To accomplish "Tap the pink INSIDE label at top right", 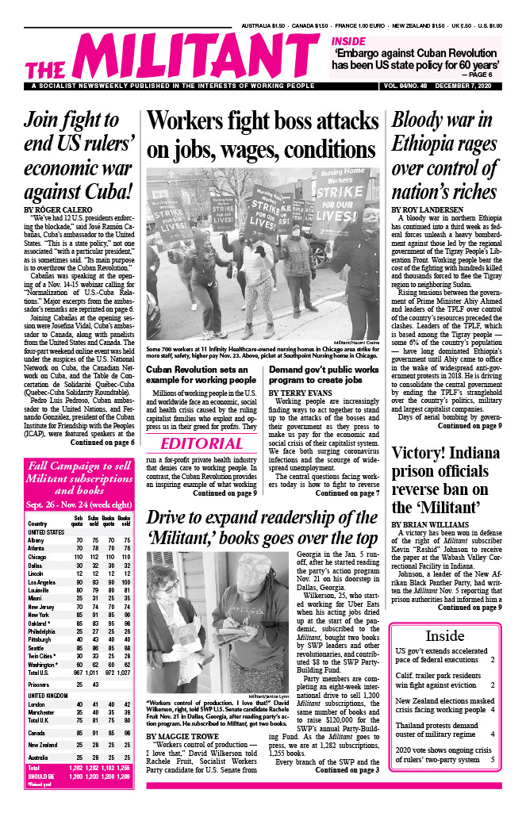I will pyautogui.click(x=348, y=40).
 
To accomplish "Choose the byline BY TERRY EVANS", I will pyautogui.click(x=304, y=392).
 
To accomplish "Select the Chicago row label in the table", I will pyautogui.click(x=37, y=558).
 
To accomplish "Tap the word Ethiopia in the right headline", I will pyautogui.click(x=432, y=146).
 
